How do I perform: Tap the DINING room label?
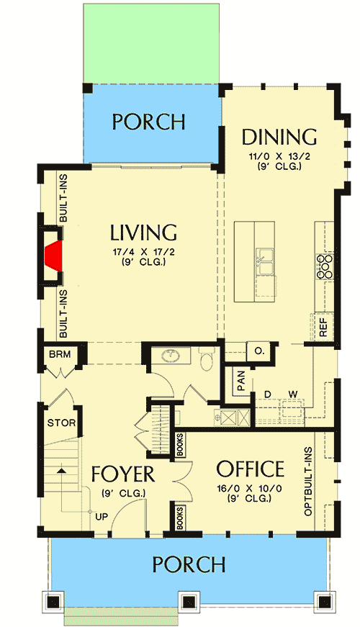pyautogui.click(x=279, y=137)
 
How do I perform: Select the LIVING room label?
pyautogui.click(x=144, y=233)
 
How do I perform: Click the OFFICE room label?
pyautogui.click(x=250, y=469)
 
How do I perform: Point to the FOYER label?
pyautogui.click(x=123, y=475)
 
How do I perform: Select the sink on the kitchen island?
pyautogui.click(x=264, y=263)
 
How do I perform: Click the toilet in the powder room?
pyautogui.click(x=206, y=358)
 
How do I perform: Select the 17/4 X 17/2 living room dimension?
pyautogui.click(x=143, y=252)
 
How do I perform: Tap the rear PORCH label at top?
pyautogui.click(x=148, y=122)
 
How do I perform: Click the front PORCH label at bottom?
pyautogui.click(x=189, y=564)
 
